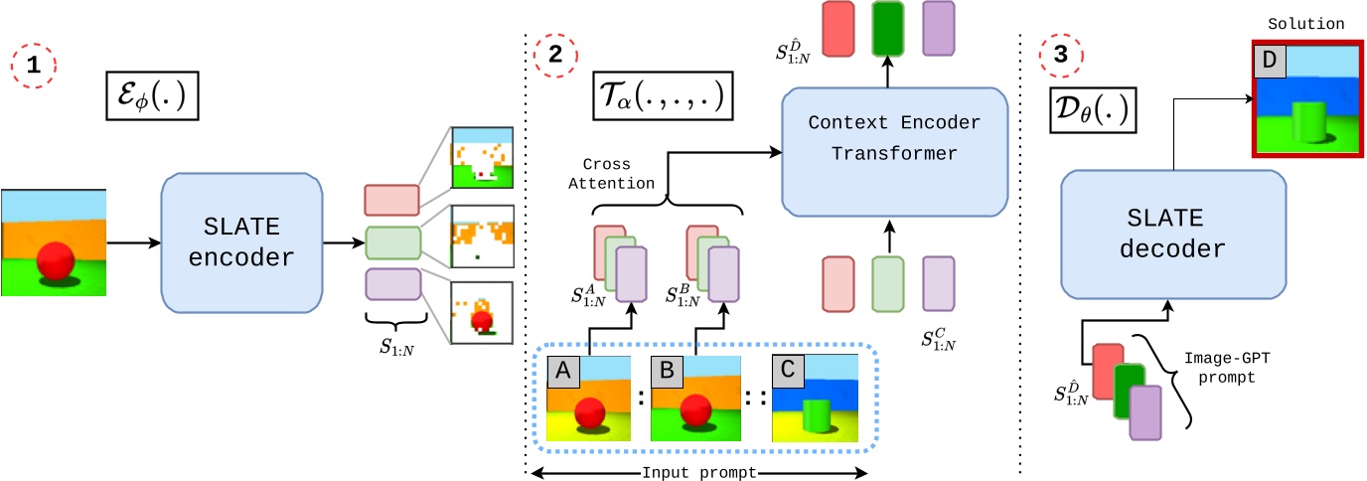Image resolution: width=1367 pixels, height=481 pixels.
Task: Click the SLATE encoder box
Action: [x=241, y=241]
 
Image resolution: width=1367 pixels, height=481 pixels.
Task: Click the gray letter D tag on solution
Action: [x=1269, y=62]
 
